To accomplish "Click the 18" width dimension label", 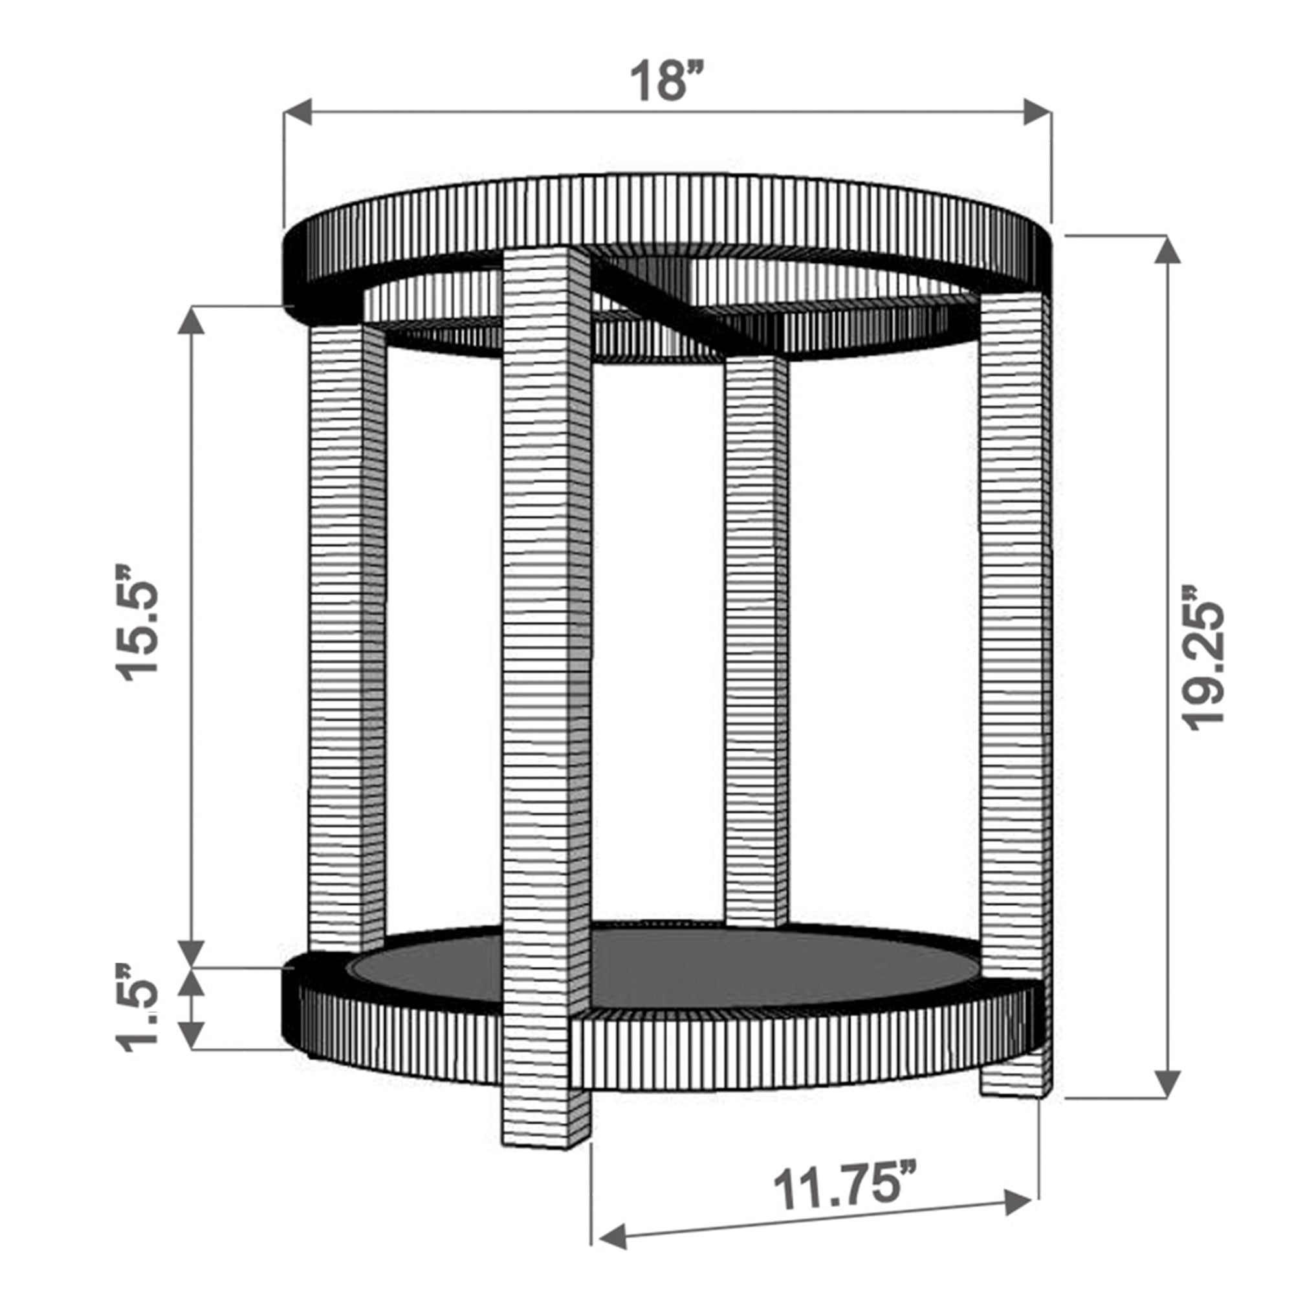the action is (667, 80).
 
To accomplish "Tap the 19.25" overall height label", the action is (1202, 660).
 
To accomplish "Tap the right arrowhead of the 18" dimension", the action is (1036, 112).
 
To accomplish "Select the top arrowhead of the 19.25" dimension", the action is (1168, 250).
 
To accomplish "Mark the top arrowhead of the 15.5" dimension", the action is (192, 320).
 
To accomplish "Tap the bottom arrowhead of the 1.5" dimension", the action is (192, 1035).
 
